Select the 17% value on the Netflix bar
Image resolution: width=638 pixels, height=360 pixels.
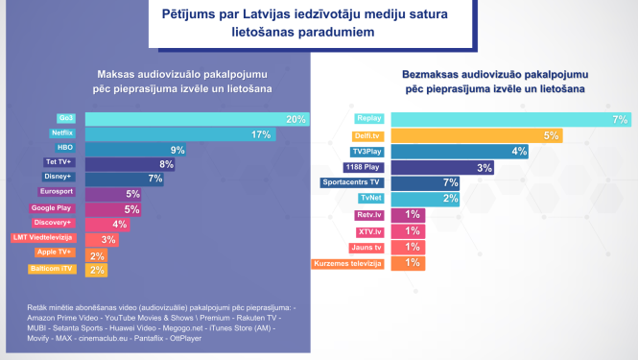(260, 134)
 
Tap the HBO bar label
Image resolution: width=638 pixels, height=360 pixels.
(65, 149)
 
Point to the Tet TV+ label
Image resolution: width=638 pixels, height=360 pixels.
(59, 162)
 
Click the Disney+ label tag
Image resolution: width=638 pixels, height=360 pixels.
(59, 177)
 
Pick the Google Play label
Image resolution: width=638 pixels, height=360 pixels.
(53, 207)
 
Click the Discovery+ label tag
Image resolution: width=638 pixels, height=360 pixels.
(54, 223)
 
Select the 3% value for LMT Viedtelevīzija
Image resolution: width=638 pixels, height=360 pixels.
(108, 239)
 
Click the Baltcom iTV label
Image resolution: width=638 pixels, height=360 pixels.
(56, 269)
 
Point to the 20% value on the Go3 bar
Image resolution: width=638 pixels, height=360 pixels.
(295, 119)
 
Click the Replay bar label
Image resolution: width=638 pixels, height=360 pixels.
(368, 119)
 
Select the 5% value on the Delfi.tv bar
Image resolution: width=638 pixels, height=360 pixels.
(551, 135)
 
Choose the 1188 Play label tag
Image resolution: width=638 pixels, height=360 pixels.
(361, 166)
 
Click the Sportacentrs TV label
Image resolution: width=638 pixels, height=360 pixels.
(352, 181)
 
